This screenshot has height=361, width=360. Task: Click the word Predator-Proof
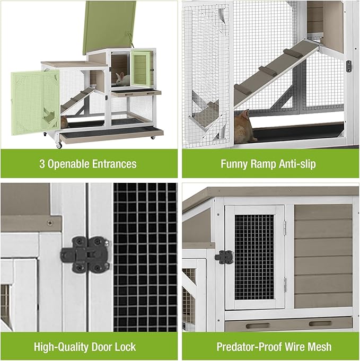click(x=247, y=347)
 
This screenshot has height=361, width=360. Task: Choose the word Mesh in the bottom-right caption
click(x=320, y=347)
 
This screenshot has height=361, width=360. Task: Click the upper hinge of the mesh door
click(x=284, y=227)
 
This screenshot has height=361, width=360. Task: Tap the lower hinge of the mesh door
click(x=284, y=285)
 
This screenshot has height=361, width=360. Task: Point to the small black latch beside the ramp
click(x=348, y=66)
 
